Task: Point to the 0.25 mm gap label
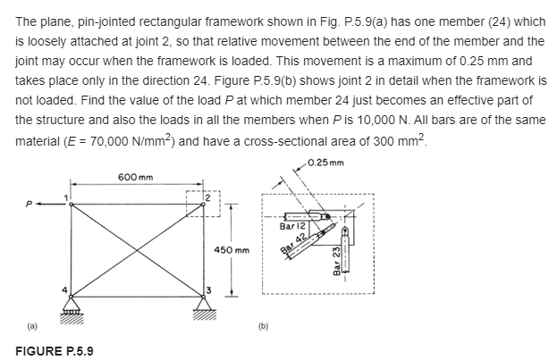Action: [325, 163]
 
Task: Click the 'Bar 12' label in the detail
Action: [293, 227]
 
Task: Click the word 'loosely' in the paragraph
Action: [40, 41]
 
